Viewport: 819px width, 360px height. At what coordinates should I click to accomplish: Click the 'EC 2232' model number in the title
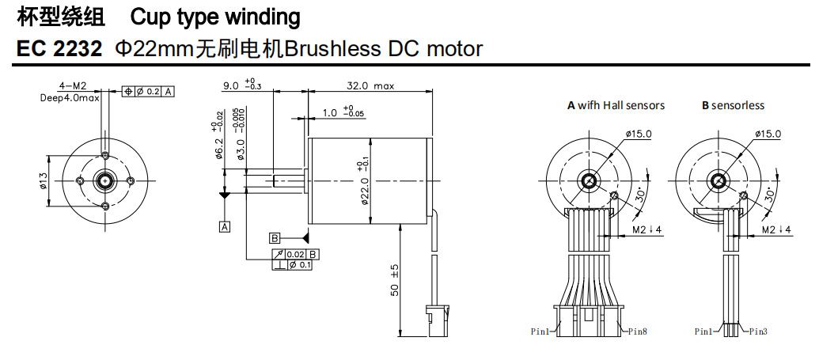59,49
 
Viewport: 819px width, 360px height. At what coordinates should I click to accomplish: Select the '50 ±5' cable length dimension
394,281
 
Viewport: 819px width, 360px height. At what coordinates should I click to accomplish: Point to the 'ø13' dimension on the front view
44,180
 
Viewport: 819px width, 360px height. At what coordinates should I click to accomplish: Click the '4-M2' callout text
74,85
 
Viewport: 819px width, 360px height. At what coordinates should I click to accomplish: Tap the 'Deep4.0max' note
70,97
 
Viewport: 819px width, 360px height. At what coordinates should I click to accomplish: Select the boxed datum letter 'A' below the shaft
225,227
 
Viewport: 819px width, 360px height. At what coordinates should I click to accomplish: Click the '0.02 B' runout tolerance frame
302,254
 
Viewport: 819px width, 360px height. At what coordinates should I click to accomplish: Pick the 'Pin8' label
637,332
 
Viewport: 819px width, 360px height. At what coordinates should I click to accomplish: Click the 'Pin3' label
758,332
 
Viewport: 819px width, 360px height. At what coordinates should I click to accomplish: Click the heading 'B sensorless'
733,105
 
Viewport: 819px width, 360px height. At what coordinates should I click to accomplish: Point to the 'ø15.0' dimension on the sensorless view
767,134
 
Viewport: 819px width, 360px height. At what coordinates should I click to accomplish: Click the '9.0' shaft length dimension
231,86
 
